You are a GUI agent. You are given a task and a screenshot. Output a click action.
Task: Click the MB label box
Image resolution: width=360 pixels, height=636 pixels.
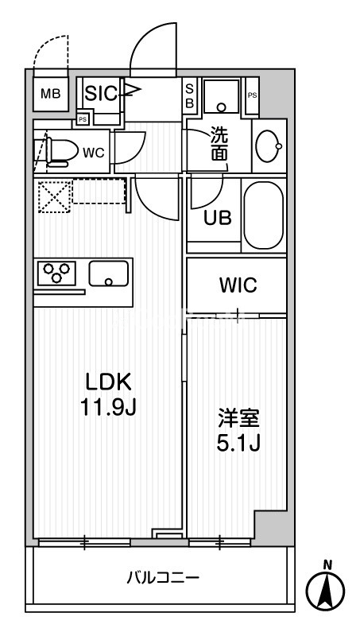49,94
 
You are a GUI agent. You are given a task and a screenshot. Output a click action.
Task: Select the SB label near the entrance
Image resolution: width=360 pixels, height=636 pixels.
190,95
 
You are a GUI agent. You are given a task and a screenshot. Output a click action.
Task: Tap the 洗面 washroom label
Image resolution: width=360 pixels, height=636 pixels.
219,145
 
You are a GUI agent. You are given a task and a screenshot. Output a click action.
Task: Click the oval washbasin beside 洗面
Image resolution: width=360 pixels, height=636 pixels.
269,145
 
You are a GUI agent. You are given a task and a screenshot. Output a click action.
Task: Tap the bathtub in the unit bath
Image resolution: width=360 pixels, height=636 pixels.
264,215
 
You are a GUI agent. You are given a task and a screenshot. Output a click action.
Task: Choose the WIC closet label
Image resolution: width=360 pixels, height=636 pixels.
238,285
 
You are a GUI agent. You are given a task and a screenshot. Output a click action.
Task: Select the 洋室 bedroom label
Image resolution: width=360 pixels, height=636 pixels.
238,417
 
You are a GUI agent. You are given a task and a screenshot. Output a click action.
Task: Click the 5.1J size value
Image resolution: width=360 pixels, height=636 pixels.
238,443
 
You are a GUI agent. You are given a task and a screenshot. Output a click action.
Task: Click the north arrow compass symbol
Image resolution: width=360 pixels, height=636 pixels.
326,590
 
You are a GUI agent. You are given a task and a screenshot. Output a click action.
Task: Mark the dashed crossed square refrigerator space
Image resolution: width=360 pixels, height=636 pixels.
53,196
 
